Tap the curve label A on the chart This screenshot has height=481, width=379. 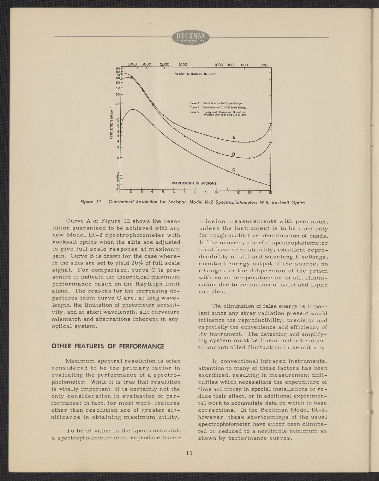tap(234, 138)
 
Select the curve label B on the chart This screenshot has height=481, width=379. tap(234, 154)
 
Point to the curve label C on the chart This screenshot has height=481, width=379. tap(234, 170)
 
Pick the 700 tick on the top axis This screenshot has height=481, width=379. tap(264, 65)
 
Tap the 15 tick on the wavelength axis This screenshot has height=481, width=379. tap(271, 192)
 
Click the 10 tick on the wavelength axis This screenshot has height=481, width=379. tap(217, 192)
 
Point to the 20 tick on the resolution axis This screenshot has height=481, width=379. tap(117, 103)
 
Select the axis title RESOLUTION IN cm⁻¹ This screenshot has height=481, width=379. tap(111, 123)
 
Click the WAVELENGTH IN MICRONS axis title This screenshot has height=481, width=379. tap(194, 183)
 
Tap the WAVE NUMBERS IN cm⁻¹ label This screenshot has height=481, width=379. tap(196, 74)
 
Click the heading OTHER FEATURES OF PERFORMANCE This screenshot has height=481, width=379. tap(108, 346)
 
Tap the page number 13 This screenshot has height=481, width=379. tap(189, 454)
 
